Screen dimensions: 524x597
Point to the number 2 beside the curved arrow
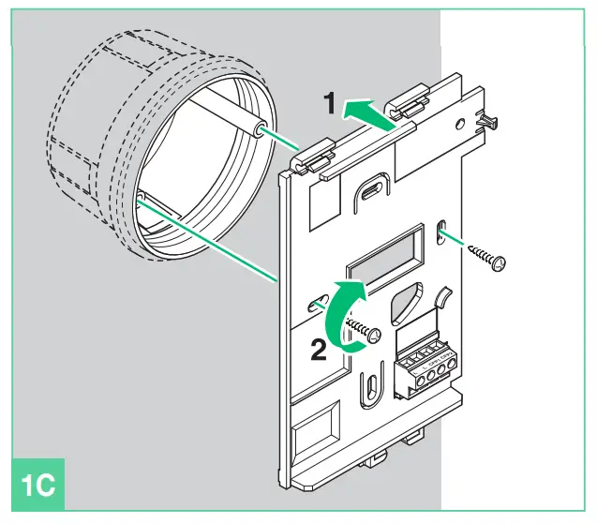pos(319,350)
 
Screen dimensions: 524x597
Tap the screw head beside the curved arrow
pos(375,334)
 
